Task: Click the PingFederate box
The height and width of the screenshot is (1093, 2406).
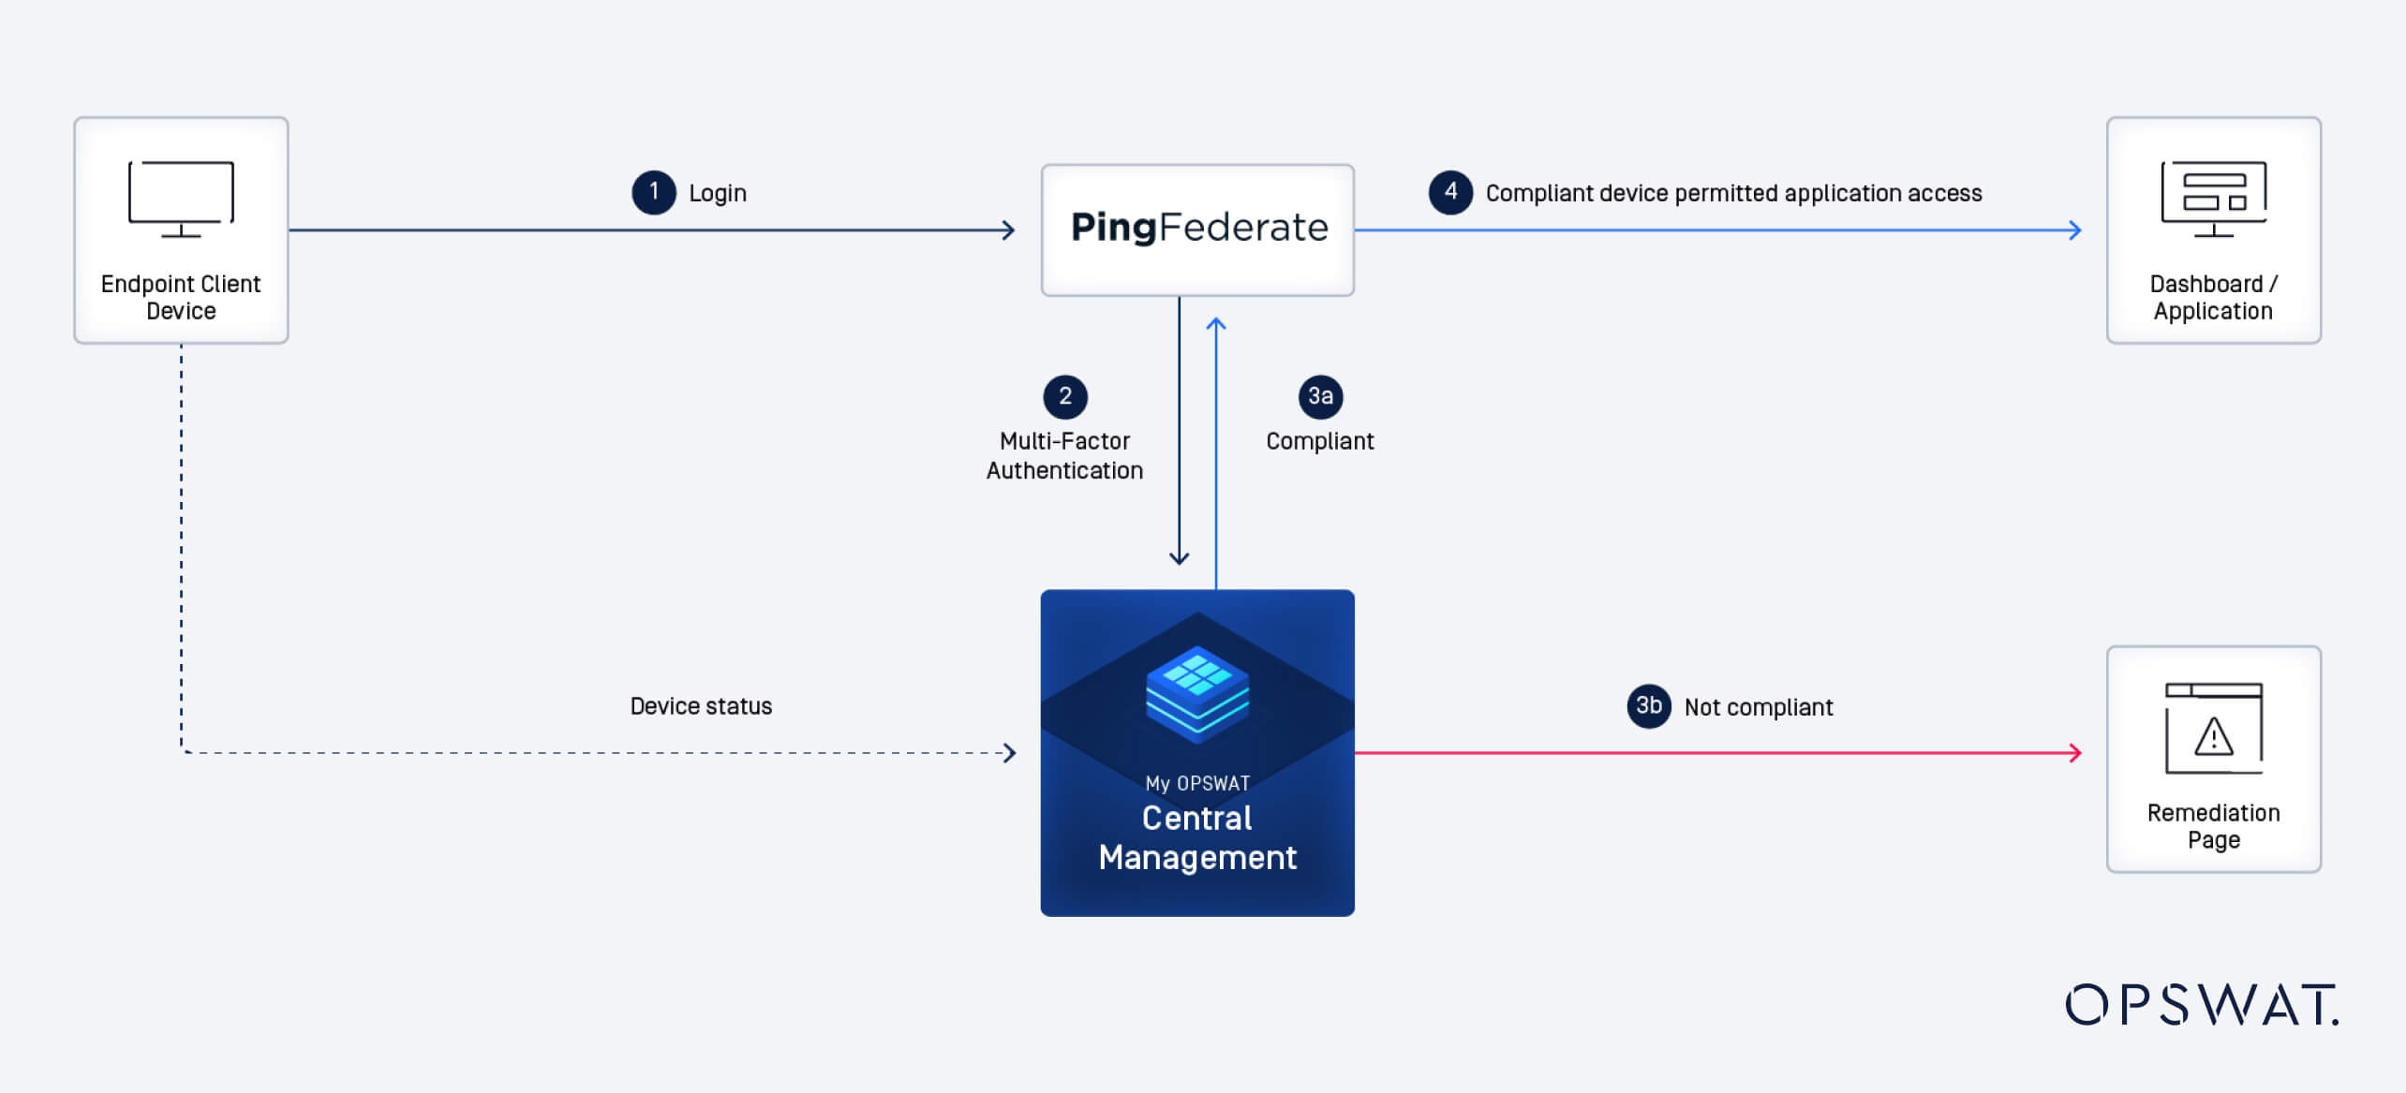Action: [x=1197, y=229]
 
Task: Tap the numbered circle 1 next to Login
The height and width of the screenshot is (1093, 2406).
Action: [x=654, y=192]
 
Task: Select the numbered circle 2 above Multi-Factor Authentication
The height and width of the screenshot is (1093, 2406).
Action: [x=1065, y=396]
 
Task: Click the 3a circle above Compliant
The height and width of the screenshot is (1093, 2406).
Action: [x=1320, y=396]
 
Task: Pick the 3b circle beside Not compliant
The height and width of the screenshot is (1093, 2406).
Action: [x=1649, y=705]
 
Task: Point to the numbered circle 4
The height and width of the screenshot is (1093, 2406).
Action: [x=1450, y=192]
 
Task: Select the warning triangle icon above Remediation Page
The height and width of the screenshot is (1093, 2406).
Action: [x=2213, y=736]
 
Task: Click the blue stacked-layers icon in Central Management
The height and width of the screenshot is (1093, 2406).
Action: [x=1197, y=693]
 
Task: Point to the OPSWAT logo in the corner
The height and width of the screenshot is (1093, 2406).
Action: [x=2202, y=1005]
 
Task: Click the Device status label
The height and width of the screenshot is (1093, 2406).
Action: [x=701, y=706]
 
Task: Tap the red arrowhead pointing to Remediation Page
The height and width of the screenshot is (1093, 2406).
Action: [x=2074, y=753]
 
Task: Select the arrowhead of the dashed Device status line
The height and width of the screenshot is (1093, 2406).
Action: [x=1009, y=753]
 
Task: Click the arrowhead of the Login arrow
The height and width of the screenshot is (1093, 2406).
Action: [x=1009, y=230]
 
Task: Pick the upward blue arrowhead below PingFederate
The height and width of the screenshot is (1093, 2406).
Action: [x=1216, y=325]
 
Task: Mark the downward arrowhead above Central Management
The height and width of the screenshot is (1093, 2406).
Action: [x=1180, y=558]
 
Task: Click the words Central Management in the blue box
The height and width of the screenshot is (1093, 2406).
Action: [x=1197, y=837]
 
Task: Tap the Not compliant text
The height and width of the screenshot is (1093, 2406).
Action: [x=1758, y=707]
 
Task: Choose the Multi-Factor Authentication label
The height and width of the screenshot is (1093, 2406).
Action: [x=1064, y=455]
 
